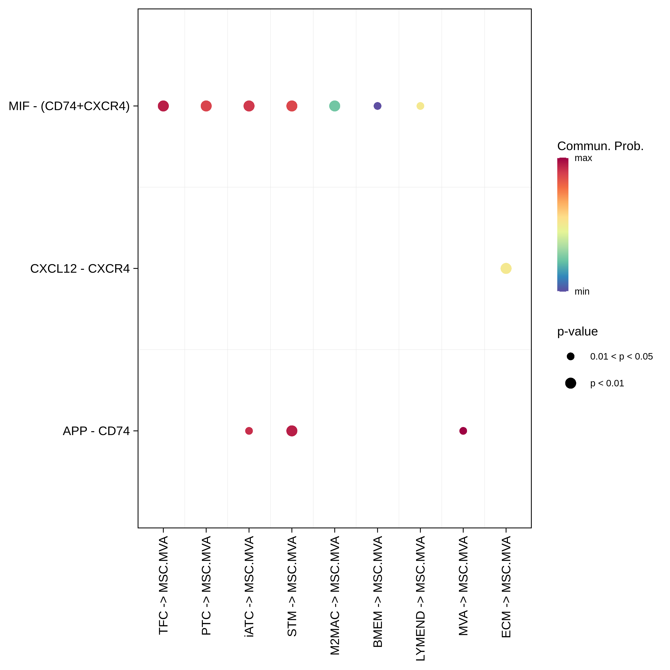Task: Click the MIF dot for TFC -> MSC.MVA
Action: coord(163,106)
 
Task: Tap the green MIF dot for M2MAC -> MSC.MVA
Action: coord(335,106)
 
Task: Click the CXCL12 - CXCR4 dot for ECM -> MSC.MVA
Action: coord(506,268)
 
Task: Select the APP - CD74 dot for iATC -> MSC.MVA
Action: coord(249,431)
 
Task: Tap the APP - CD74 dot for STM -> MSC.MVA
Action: coord(292,431)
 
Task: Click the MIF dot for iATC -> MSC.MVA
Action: coord(249,106)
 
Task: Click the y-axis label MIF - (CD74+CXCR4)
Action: coord(69,106)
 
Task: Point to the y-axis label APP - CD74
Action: coord(96,431)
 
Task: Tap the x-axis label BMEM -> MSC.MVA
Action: coord(378,592)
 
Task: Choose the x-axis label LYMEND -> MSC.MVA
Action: coord(420,598)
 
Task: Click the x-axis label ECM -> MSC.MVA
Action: coord(506,587)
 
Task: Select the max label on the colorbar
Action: coord(583,158)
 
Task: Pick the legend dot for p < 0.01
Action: coord(570,383)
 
